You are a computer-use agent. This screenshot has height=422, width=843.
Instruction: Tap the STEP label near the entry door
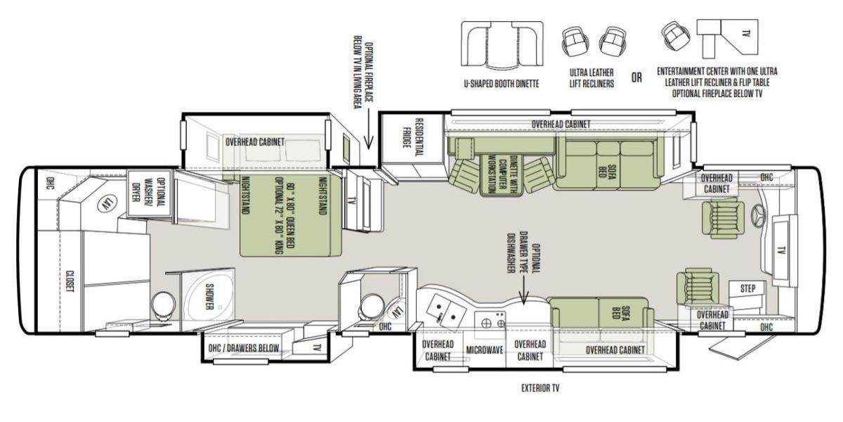(747, 288)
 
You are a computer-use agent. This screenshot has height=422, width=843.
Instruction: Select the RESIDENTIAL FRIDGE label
(412, 137)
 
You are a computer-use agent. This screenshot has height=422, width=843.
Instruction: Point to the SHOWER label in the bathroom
(209, 297)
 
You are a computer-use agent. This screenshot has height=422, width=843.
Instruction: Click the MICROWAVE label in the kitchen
(485, 350)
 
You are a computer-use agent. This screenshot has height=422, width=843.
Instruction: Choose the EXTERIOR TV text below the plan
(540, 388)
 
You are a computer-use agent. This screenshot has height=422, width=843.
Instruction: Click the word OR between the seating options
(636, 77)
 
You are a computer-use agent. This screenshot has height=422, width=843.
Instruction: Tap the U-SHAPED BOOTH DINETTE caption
(502, 84)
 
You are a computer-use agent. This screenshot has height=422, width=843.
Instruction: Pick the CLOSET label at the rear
(70, 281)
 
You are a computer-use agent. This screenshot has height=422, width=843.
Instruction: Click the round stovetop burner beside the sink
(486, 323)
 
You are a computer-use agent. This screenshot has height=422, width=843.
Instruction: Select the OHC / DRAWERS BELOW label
(244, 348)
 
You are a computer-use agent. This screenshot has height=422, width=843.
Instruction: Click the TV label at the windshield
(781, 250)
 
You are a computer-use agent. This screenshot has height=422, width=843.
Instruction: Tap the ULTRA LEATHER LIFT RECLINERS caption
(592, 78)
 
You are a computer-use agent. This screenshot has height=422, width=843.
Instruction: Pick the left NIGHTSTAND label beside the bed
(246, 196)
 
